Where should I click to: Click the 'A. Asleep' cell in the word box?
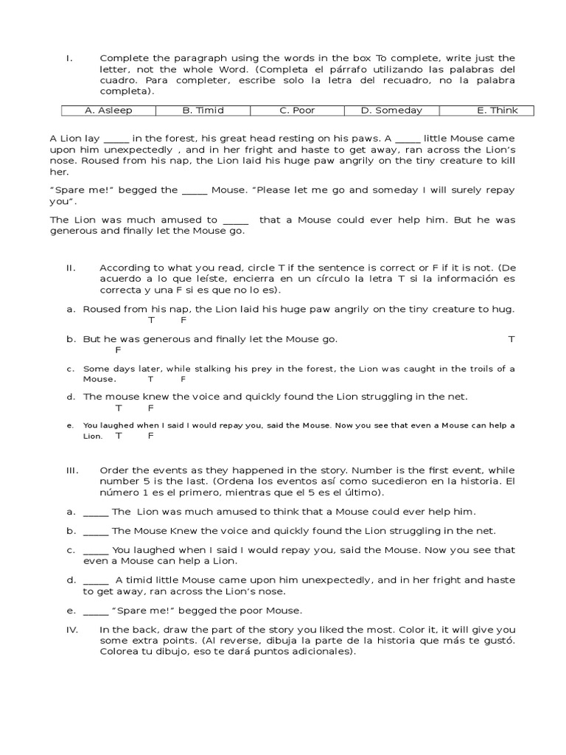pyautogui.click(x=108, y=111)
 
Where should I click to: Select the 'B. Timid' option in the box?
pyautogui.click(x=203, y=111)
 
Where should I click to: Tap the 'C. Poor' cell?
pyautogui.click(x=297, y=111)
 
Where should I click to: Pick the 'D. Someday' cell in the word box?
pyautogui.click(x=391, y=111)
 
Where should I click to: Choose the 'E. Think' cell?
pyautogui.click(x=497, y=111)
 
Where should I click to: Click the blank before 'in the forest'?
pyautogui.click(x=116, y=139)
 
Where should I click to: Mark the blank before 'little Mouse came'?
pyautogui.click(x=408, y=139)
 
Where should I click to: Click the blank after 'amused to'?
pyautogui.click(x=235, y=220)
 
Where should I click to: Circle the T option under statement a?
pyautogui.click(x=152, y=321)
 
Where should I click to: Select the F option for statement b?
pyautogui.click(x=118, y=350)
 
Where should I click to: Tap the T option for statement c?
pyautogui.click(x=150, y=379)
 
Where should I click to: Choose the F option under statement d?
pyautogui.click(x=150, y=408)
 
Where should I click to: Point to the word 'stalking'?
pyautogui.click(x=211, y=369)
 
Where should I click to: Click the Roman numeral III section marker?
pyautogui.click(x=71, y=470)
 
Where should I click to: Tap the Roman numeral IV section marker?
pyautogui.click(x=71, y=630)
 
